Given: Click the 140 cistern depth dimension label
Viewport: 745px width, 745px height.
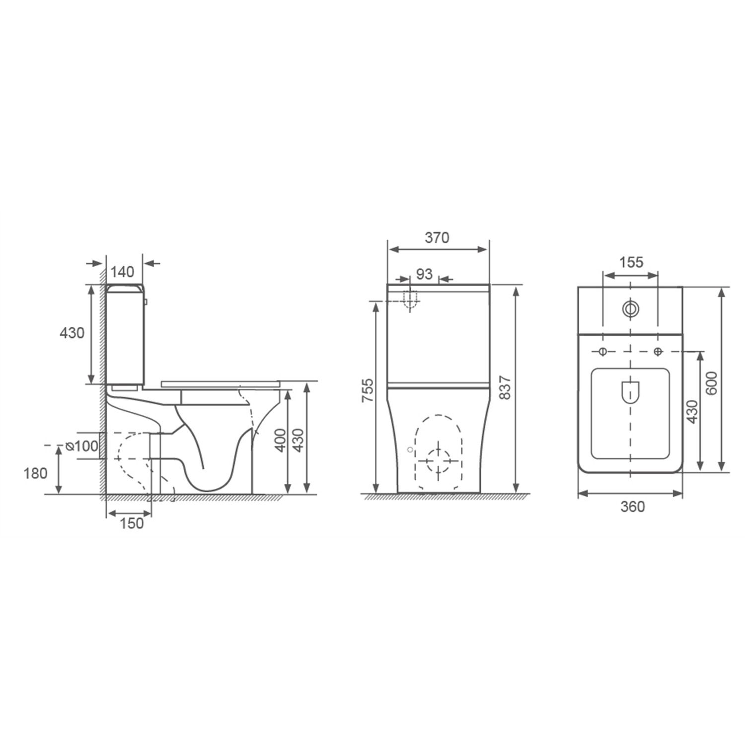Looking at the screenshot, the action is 123,272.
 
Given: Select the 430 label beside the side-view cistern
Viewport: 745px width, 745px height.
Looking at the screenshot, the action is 72,333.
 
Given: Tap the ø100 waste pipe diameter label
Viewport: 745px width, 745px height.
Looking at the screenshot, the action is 82,447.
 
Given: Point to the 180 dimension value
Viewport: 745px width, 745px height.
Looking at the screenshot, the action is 35,473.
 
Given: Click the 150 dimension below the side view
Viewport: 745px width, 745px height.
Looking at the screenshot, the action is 132,523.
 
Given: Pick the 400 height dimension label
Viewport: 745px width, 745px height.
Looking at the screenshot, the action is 281,440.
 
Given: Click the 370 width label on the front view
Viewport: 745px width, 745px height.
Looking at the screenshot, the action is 437,238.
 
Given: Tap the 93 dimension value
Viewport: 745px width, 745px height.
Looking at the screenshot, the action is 424,274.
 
